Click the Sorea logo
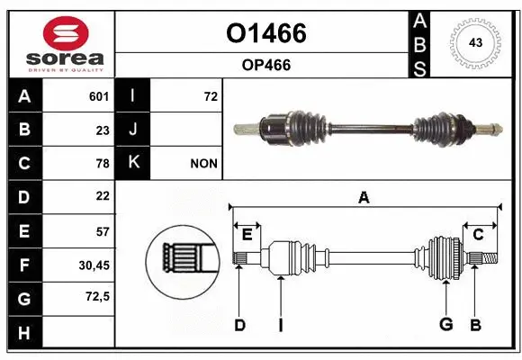click(x=61, y=42)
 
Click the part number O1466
click(x=265, y=33)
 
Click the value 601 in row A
click(x=98, y=96)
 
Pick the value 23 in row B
click(x=102, y=130)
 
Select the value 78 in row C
click(x=102, y=163)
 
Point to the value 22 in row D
click(x=102, y=196)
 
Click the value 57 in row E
click(x=102, y=230)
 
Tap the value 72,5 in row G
click(x=97, y=296)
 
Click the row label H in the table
click(x=24, y=332)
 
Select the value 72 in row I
click(x=210, y=96)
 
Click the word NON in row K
click(x=203, y=163)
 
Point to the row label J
click(x=133, y=130)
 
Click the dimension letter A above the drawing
click(x=364, y=197)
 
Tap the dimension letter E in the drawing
click(x=247, y=235)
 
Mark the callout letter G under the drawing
click(x=445, y=325)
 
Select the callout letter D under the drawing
click(x=239, y=325)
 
